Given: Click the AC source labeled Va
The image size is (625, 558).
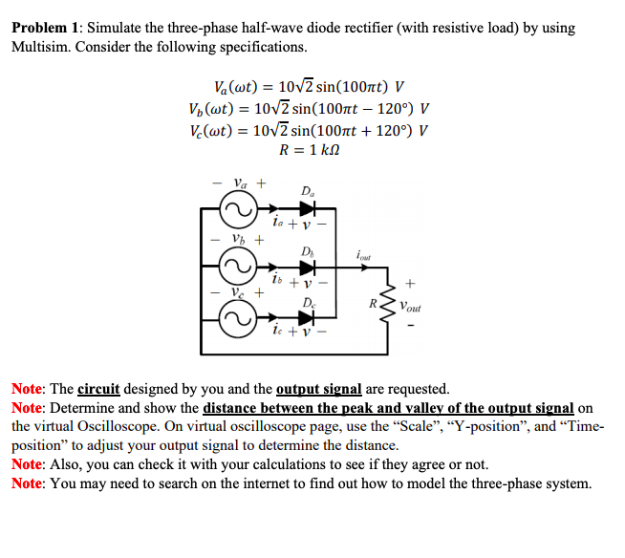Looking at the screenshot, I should [x=235, y=208].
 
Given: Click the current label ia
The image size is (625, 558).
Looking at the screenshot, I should [x=276, y=222].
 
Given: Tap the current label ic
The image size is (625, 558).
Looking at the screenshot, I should [x=276, y=333].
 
